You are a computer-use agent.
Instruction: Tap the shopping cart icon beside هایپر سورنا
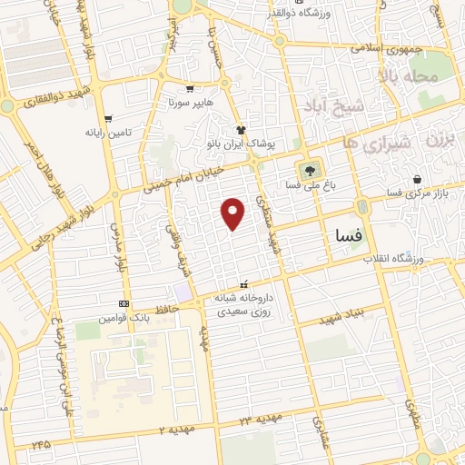(x=189, y=89)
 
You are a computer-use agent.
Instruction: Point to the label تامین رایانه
(x=108, y=133)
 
